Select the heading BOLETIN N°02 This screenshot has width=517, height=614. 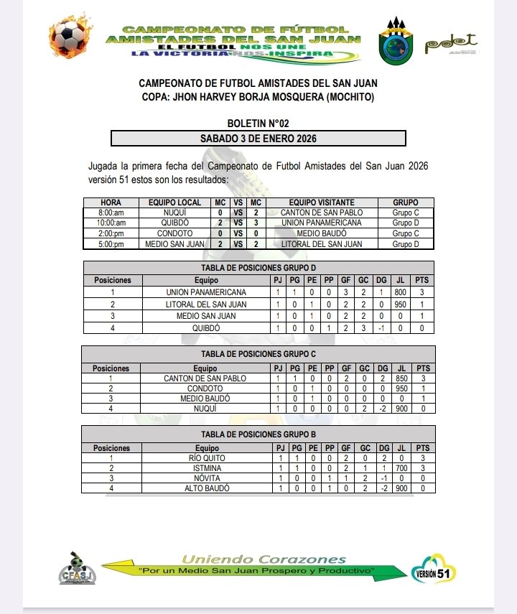click(258, 124)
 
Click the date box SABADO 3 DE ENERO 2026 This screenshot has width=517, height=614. click(258, 138)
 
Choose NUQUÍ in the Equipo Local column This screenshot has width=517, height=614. click(175, 213)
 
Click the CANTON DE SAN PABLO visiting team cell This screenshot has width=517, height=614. click(322, 213)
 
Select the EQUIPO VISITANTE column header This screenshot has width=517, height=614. click(322, 203)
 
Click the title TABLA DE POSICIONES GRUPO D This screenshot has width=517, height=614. click(258, 267)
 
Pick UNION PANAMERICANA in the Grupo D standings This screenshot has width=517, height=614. click(206, 292)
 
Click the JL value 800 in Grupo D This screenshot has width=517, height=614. click(401, 292)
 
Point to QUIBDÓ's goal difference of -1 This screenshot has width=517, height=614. click(383, 328)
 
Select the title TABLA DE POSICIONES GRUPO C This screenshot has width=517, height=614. click(258, 354)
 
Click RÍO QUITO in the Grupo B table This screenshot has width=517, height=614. click(206, 458)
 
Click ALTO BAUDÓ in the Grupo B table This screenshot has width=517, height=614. click(206, 488)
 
